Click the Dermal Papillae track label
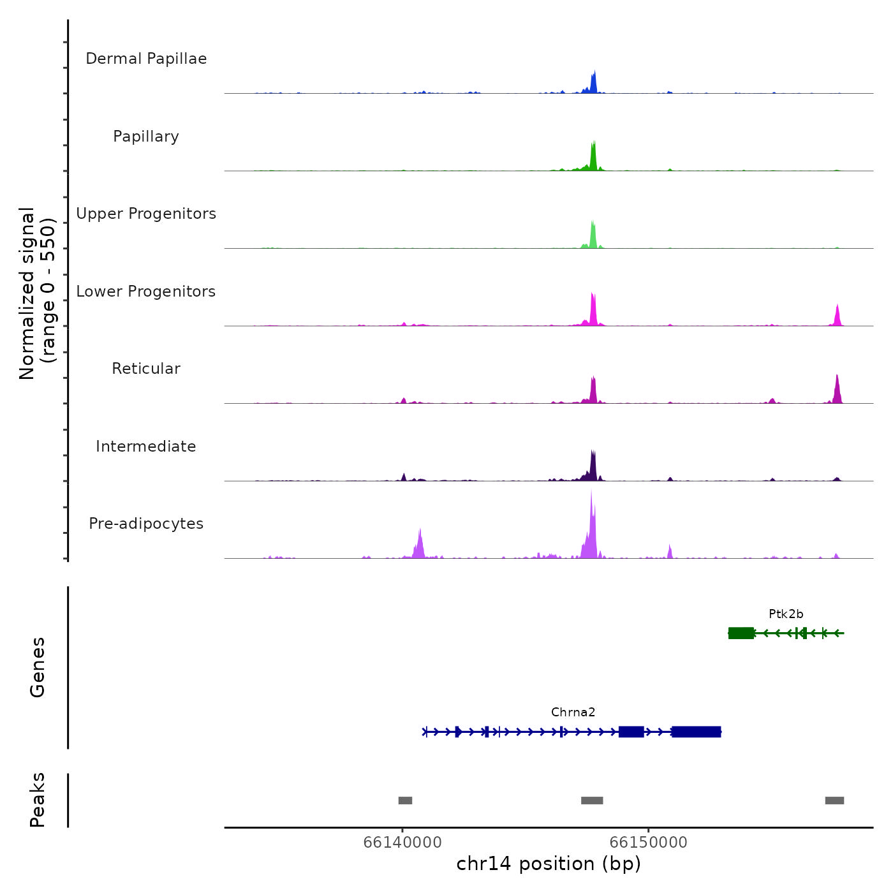(x=146, y=59)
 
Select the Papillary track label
(x=146, y=137)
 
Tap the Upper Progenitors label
(x=146, y=214)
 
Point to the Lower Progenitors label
(x=146, y=292)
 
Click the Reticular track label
(x=146, y=369)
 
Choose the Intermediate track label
(x=146, y=447)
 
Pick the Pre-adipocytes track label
(x=146, y=524)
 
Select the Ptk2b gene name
(x=786, y=614)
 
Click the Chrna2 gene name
(x=573, y=712)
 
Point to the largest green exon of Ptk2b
(x=741, y=633)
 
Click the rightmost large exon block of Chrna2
(x=696, y=732)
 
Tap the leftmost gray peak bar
(x=405, y=801)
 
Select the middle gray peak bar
(x=592, y=801)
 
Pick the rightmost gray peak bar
(x=834, y=801)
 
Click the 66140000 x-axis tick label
(x=402, y=842)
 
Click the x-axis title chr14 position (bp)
(x=549, y=864)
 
